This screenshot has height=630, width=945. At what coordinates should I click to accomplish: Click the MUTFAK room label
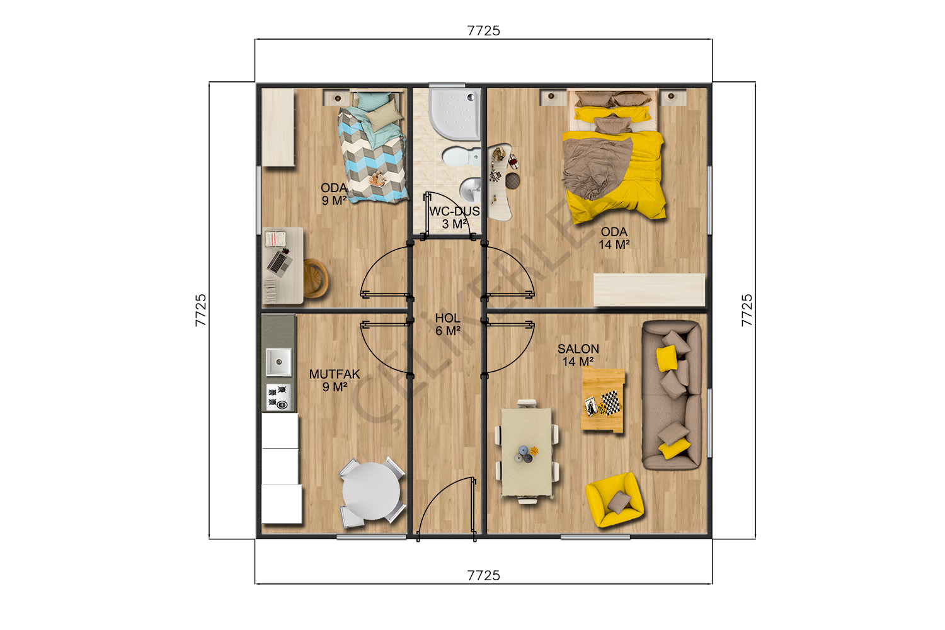point(335,374)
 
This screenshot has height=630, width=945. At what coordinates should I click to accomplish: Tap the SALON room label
point(578,349)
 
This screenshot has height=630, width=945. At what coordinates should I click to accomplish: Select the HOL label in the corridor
point(447,318)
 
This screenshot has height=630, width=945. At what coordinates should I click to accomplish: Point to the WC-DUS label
point(454,212)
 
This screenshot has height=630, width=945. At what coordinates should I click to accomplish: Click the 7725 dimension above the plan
point(483,31)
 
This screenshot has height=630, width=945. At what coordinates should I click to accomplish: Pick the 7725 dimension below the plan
point(483,576)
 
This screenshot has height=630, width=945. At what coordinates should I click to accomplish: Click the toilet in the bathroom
point(461,157)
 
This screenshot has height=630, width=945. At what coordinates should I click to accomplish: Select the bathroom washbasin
point(470,190)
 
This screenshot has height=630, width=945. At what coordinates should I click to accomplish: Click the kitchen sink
point(278,362)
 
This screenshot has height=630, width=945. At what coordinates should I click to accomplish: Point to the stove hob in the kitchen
point(278,397)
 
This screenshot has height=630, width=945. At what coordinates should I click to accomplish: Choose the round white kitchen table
point(371,491)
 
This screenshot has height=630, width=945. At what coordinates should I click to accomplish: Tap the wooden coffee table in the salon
point(604,399)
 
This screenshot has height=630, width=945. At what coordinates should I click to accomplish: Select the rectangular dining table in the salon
point(527,452)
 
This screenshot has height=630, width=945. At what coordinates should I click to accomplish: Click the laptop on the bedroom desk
point(279,262)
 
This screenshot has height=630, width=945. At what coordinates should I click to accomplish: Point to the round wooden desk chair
point(316,278)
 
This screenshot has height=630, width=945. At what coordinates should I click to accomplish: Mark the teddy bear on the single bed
point(377,180)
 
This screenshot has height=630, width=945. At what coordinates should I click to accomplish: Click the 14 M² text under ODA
point(614,244)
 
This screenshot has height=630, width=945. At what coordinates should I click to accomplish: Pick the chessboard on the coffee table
point(610,403)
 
